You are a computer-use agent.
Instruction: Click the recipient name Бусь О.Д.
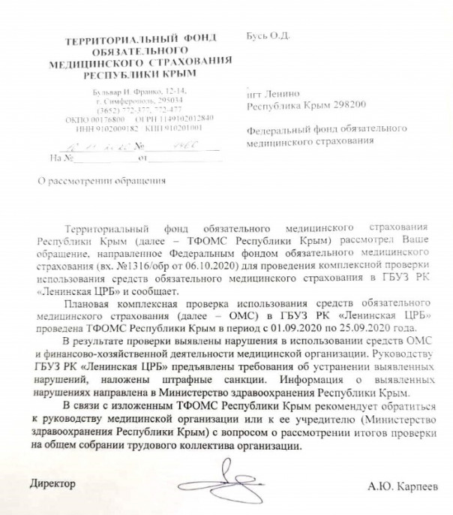(x=266, y=35)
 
